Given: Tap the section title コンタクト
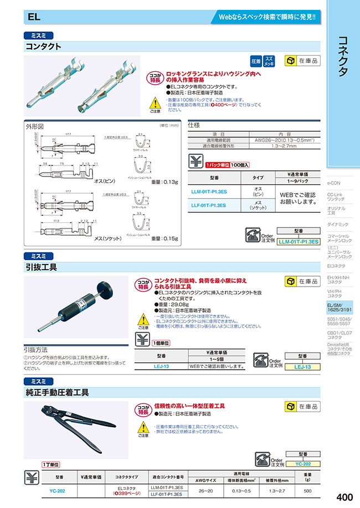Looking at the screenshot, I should point(44,47).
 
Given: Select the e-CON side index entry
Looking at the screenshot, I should point(335,183).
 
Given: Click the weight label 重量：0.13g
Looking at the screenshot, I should point(164,182).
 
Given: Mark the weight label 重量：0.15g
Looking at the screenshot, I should point(164,238).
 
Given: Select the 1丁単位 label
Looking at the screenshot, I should point(50,465).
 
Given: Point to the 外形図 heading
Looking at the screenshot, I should point(34,126).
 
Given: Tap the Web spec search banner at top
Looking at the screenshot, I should point(266,17).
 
